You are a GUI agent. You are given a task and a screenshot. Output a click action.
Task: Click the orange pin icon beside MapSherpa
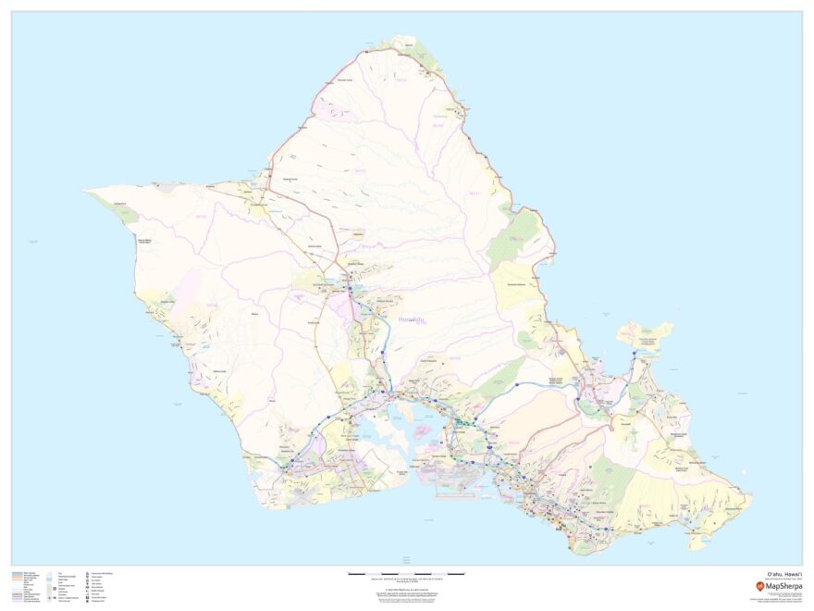[760, 585]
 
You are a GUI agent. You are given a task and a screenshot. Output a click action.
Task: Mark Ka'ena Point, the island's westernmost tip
[88, 192]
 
